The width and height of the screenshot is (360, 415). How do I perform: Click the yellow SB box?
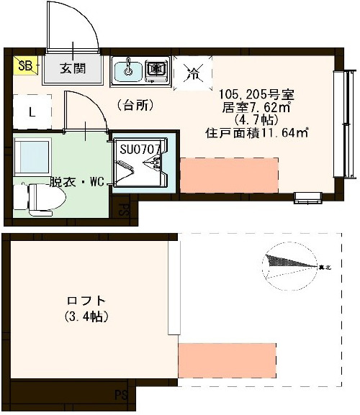pos(24,66)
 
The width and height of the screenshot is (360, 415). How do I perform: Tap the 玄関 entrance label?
pos(71,69)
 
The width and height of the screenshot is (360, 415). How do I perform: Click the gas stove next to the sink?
pos(156,70)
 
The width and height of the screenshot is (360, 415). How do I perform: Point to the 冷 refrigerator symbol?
pos(193,72)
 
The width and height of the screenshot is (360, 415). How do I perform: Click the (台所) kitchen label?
pos(135,105)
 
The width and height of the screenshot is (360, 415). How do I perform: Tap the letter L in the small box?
pos(32,112)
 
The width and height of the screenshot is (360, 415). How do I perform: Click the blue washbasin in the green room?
pos(31,158)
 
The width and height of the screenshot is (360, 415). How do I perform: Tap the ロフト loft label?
pos(86,301)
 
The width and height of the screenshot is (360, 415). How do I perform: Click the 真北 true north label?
pos(325,268)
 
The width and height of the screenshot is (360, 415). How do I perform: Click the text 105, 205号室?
pos(257,95)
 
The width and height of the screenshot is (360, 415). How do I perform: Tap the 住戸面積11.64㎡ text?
pos(257,133)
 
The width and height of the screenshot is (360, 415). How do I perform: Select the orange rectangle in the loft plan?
pos(227,357)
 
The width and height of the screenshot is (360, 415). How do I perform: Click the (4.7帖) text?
pos(256,121)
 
